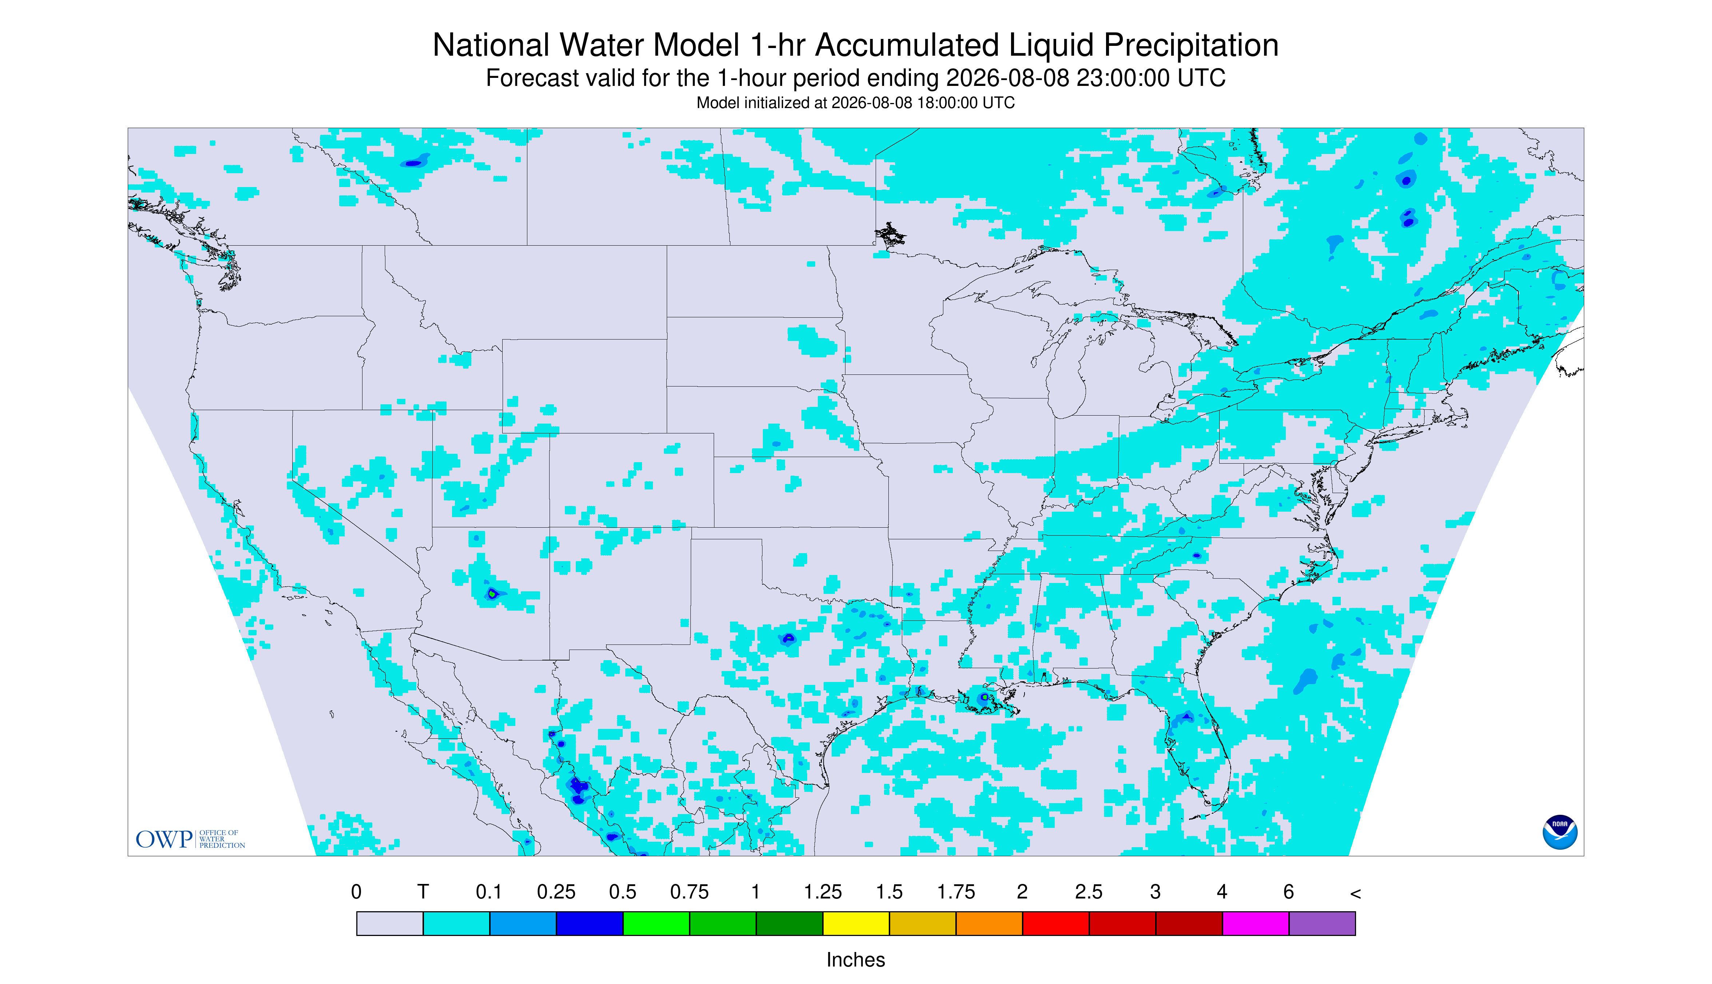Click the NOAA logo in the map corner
(x=1559, y=832)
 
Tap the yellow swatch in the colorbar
(x=856, y=923)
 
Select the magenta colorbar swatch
(x=1255, y=923)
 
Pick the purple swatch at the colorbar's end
(x=1322, y=923)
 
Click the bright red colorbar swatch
(x=1056, y=923)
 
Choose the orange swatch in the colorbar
(x=989, y=923)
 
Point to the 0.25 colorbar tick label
(x=556, y=892)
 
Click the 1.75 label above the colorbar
(x=956, y=892)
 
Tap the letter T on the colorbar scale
(x=423, y=892)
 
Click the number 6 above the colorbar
(x=1288, y=892)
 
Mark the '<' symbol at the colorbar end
(x=1355, y=893)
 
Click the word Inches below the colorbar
(x=856, y=960)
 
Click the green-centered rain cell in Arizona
(x=492, y=594)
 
